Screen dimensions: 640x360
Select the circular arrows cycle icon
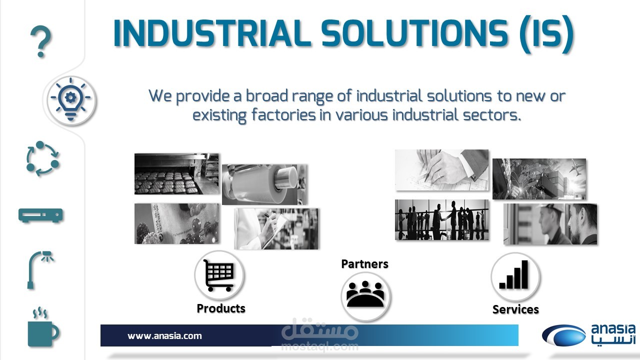coord(42,158)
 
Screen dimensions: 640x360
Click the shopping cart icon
coord(219,275)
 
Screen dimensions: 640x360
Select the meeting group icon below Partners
coord(365,294)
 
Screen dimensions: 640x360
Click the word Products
coord(221,308)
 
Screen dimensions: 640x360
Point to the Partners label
coord(364,263)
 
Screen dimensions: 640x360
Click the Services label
coord(515,309)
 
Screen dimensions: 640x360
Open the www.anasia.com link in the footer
coord(164,335)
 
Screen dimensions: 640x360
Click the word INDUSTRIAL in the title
coord(212,33)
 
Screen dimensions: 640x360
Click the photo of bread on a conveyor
coord(176,173)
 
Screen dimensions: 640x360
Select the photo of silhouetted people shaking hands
coord(441,219)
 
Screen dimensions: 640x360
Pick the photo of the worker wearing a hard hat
coord(550,224)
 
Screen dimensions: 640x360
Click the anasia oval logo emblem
coord(563,335)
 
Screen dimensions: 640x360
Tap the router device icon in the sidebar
coord(40,215)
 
